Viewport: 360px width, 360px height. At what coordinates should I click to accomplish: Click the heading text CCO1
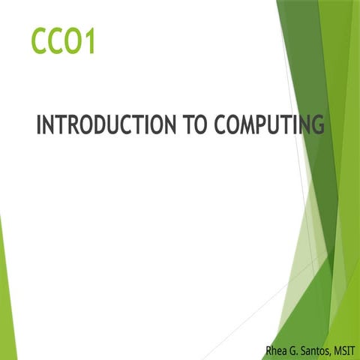click(63, 40)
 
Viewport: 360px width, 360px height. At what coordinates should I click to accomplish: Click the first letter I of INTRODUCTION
click(39, 124)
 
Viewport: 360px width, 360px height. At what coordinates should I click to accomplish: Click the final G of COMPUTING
click(318, 124)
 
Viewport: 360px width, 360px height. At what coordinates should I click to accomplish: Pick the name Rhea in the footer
click(274, 349)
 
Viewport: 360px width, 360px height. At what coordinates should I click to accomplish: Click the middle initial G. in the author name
click(294, 349)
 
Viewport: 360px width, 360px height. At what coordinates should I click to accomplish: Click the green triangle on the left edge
click(6, 300)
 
